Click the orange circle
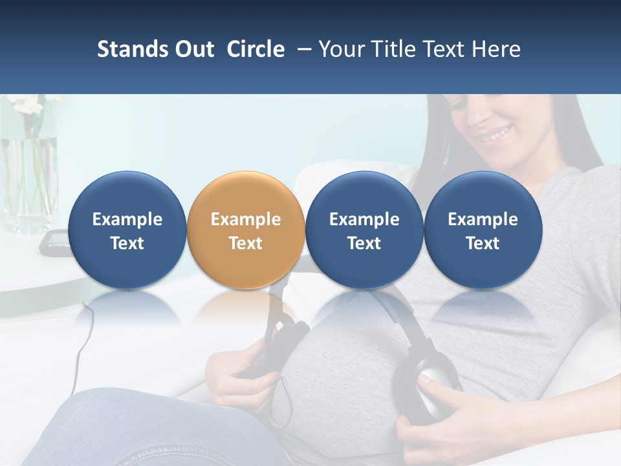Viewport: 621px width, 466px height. [245, 230]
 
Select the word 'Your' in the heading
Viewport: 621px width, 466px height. [342, 49]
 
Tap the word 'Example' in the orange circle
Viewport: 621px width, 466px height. [245, 219]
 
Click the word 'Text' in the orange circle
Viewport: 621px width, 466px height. [245, 243]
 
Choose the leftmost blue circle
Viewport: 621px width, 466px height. [127, 230]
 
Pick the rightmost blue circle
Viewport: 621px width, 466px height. [483, 230]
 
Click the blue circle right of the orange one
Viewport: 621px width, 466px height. [364, 230]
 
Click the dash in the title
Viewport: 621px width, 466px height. [301, 49]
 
